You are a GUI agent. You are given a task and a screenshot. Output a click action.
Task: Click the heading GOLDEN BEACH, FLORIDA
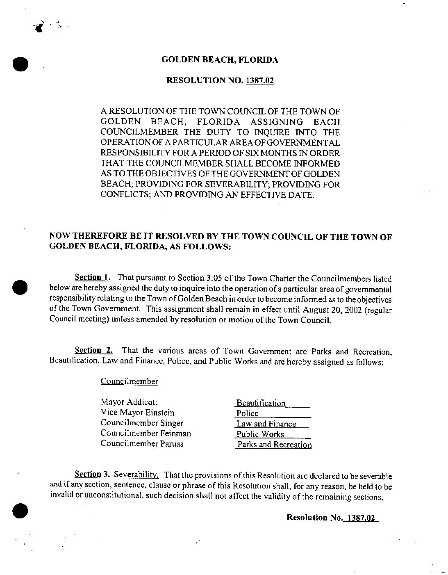click(220, 60)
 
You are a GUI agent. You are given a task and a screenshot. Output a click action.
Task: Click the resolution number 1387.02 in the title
click(259, 80)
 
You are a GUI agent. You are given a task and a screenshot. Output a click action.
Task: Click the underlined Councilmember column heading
click(129, 381)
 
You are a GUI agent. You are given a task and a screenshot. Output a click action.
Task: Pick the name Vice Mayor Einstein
click(137, 413)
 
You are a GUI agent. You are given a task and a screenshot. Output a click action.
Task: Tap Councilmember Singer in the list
click(142, 423)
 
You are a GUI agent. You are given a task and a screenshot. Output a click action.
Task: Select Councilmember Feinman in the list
click(146, 433)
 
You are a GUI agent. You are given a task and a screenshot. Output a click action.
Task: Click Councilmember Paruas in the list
click(142, 443)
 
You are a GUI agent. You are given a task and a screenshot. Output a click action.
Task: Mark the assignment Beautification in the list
click(261, 403)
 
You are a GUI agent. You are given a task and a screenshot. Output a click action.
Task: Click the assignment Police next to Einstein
click(248, 413)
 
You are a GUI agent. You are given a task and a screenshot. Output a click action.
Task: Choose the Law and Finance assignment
click(266, 424)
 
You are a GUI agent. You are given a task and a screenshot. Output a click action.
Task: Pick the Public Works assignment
click(260, 434)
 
